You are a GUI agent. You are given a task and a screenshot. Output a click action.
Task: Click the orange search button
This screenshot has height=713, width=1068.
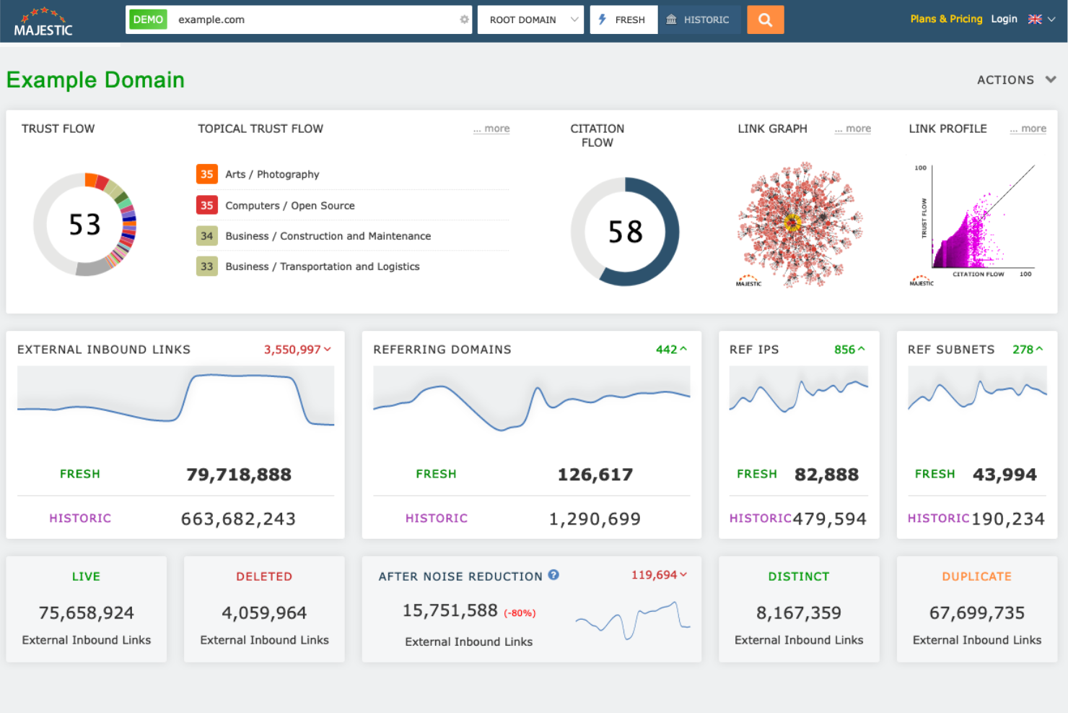(765, 20)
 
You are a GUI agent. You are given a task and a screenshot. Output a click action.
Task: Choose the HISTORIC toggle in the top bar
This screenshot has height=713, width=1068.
(698, 20)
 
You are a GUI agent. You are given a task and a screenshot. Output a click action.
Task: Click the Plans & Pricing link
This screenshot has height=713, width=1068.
(946, 19)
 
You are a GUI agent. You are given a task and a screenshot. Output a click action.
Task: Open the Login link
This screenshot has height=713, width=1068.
(1004, 19)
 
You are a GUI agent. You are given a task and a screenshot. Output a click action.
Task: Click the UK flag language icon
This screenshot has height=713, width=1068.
(1035, 20)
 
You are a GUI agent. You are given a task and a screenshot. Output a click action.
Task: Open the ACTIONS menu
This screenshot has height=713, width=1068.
(1016, 79)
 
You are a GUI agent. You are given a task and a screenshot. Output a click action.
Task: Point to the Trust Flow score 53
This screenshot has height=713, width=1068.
(84, 225)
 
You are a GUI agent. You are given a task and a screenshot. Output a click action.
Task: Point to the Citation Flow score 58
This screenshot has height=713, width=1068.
(625, 232)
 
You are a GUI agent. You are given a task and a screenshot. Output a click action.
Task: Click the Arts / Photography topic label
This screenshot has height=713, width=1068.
(272, 174)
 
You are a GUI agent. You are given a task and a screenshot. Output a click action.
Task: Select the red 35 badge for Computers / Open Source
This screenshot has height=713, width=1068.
(207, 205)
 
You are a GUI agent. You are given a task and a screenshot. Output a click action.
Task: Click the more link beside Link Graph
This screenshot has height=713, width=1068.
(853, 129)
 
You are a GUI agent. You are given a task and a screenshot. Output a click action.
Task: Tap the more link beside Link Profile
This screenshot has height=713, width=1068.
(1028, 129)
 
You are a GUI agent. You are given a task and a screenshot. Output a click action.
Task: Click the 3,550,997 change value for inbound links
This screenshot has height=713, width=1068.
(292, 350)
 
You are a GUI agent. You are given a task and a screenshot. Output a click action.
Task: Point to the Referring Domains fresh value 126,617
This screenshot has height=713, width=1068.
(595, 475)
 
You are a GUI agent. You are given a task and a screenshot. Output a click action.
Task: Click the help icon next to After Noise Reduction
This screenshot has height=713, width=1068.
(553, 575)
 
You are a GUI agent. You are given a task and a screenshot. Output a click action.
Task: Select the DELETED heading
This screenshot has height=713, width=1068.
(264, 576)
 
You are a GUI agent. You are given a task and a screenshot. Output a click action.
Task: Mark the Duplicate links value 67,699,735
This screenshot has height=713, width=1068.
(976, 613)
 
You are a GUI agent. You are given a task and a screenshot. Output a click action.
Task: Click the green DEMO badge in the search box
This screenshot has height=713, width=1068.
(148, 20)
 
